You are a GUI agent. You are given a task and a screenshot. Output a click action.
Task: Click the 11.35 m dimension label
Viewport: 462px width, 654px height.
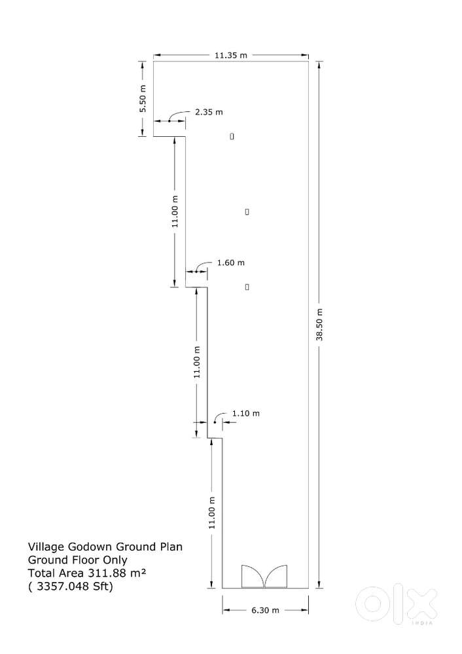231,55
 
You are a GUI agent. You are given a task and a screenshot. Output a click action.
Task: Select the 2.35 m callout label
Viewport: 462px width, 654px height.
209,112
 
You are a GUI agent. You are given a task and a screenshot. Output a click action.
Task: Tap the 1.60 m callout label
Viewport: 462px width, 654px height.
230,263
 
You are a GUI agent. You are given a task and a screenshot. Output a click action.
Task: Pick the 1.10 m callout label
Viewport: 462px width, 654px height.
246,413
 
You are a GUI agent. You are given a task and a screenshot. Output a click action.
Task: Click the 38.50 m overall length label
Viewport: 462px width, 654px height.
319,324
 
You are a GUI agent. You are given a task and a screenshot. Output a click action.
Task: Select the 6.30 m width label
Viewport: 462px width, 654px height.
266,610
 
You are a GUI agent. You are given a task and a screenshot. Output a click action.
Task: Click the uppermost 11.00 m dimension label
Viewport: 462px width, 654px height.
174,211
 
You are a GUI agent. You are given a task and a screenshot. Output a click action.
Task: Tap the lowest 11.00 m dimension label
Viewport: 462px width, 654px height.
211,513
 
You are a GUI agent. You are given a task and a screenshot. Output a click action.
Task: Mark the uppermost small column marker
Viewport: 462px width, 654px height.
232,136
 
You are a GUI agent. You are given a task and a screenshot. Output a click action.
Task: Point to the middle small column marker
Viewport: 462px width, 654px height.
247,212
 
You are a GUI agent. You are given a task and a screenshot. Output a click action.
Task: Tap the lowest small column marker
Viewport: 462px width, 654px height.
247,287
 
